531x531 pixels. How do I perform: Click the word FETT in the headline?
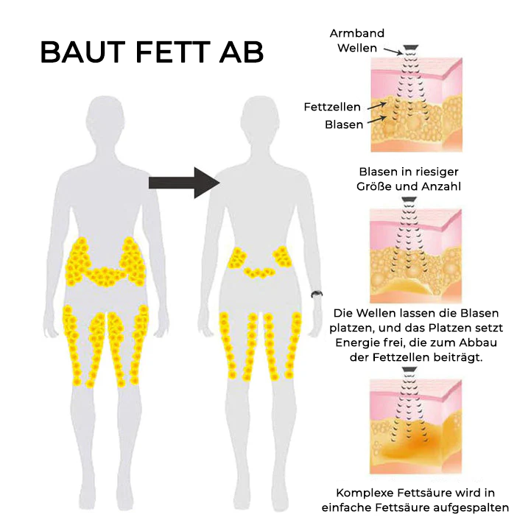[x=173, y=52]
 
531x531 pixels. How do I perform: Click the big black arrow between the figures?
[x=185, y=183]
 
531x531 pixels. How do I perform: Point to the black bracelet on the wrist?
[x=317, y=294]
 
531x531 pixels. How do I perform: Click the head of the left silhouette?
[x=103, y=117]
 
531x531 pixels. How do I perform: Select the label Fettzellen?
[x=332, y=107]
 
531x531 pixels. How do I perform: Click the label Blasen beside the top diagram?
[x=344, y=124]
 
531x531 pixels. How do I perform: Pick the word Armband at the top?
[x=357, y=33]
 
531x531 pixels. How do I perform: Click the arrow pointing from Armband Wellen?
[x=393, y=51]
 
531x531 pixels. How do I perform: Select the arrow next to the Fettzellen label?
[x=376, y=105]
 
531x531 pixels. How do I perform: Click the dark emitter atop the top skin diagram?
[x=411, y=47]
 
